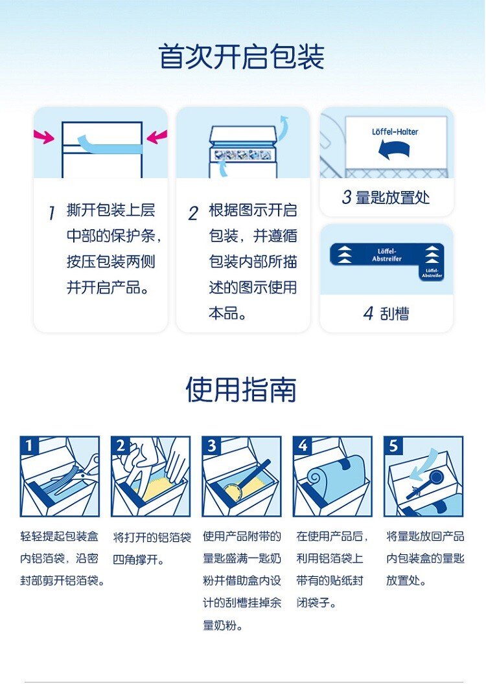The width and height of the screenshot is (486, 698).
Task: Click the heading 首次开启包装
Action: [x=242, y=57]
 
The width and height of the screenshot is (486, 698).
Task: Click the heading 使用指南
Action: [x=241, y=390]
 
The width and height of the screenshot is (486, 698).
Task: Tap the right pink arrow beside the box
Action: [x=157, y=137]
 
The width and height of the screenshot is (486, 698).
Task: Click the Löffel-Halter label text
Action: [x=395, y=132]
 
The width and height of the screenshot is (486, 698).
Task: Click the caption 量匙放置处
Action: [x=393, y=197]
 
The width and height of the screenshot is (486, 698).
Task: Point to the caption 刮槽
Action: [x=394, y=313]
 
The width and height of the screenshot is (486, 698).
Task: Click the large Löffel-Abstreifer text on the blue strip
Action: [x=387, y=255]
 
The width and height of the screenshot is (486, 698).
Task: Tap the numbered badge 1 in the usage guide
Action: [x=29, y=445]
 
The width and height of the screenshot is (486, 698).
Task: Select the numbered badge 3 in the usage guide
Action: [x=211, y=445]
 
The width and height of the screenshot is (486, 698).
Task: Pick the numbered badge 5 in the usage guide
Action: [x=393, y=445]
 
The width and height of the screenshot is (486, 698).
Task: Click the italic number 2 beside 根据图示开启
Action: [x=193, y=213]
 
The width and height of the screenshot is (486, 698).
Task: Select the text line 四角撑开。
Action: [x=139, y=559]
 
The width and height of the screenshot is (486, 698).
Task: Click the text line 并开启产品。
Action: [x=108, y=287]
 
